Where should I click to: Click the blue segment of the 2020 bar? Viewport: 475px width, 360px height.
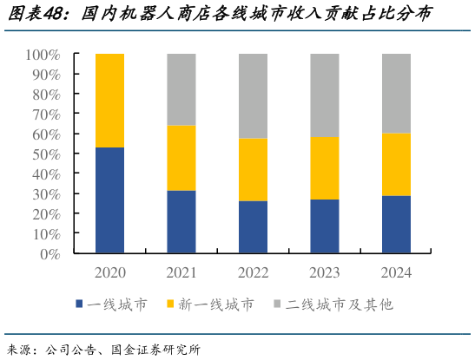[109, 200]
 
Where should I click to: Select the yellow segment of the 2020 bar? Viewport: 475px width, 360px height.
[109, 101]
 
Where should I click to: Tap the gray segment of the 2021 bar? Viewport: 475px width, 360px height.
[181, 89]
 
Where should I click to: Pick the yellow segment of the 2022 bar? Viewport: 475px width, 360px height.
[253, 169]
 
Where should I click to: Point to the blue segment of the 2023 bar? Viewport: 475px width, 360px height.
[324, 226]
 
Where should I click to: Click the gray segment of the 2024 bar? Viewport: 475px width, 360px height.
[396, 93]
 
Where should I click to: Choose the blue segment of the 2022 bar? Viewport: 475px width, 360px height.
[253, 227]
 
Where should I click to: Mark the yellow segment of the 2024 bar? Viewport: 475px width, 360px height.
[396, 164]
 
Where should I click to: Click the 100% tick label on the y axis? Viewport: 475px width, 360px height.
[43, 55]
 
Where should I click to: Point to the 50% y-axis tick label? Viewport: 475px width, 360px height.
[46, 154]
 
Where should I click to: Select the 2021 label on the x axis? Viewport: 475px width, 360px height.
[181, 272]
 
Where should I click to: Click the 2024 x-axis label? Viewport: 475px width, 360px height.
[396, 272]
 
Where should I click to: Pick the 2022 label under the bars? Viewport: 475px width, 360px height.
[253, 272]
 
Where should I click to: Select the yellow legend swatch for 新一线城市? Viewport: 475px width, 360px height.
[170, 304]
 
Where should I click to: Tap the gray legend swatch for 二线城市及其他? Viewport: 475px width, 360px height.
[278, 304]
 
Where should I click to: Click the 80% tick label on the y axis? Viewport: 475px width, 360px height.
[46, 95]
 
